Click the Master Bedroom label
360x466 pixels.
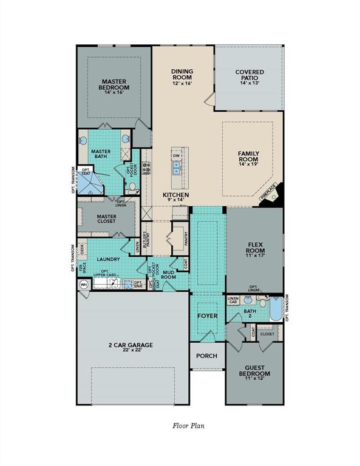click(114, 84)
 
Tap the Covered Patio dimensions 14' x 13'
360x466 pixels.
click(249, 83)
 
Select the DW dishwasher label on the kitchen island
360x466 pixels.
click(177, 155)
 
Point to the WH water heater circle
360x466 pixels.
click(84, 284)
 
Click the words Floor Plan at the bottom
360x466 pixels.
click(189, 426)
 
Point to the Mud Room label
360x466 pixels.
click(168, 274)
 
